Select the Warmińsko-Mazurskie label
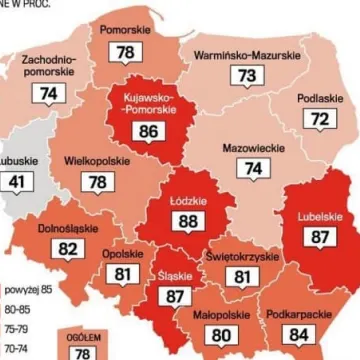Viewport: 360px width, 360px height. point(246,53)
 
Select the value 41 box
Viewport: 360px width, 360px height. point(17,183)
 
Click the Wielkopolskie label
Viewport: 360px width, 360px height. point(98,159)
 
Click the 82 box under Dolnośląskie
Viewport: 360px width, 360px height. point(69,249)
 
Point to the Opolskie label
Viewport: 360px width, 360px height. point(122,254)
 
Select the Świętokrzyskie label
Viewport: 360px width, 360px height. point(241,256)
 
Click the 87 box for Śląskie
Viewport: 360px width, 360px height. point(176,297)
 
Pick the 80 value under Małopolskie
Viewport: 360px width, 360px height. point(223,336)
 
